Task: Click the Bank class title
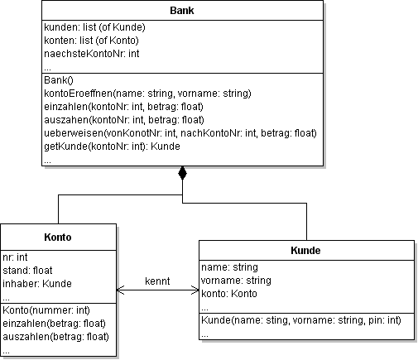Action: [x=182, y=12]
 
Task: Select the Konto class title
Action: [x=59, y=238]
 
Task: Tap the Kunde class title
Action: [x=305, y=251]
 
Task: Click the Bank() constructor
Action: [x=58, y=80]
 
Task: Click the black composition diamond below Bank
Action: [x=182, y=175]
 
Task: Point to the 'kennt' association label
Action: [x=157, y=281]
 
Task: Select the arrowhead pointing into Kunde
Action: [x=195, y=290]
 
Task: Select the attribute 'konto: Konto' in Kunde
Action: [x=229, y=294]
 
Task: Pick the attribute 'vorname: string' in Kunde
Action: [x=236, y=281]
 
